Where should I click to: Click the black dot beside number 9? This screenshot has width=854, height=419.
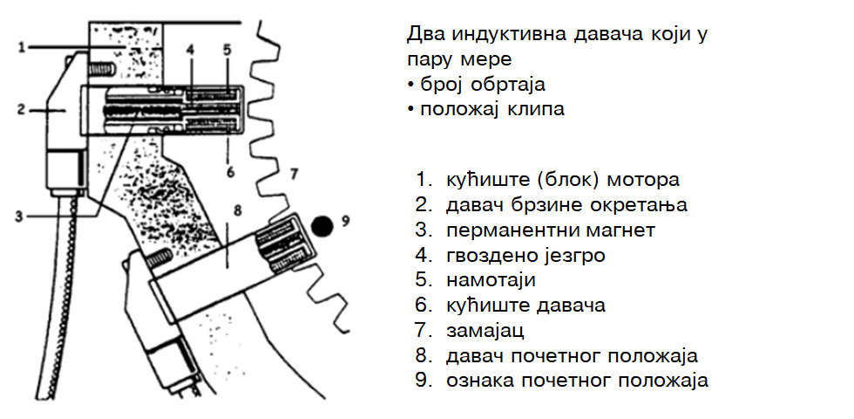pos(322,226)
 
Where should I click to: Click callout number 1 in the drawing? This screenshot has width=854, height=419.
pos(21,47)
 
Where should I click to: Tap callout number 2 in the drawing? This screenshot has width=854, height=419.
pos(21,110)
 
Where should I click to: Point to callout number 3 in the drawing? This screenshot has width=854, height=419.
pos(19,216)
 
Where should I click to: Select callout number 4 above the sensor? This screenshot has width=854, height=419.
pos(190,50)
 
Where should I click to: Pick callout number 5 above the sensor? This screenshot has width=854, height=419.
pos(227,50)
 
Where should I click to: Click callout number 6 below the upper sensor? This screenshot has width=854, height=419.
pos(230,172)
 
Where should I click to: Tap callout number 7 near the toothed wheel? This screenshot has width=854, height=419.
pos(294,174)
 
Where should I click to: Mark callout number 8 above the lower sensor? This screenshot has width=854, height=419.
pos(237,210)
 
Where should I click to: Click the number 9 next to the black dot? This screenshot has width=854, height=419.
pos(345,220)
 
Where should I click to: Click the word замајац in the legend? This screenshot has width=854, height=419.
pos(485,331)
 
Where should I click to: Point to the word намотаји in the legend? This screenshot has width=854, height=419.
pos(491,280)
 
